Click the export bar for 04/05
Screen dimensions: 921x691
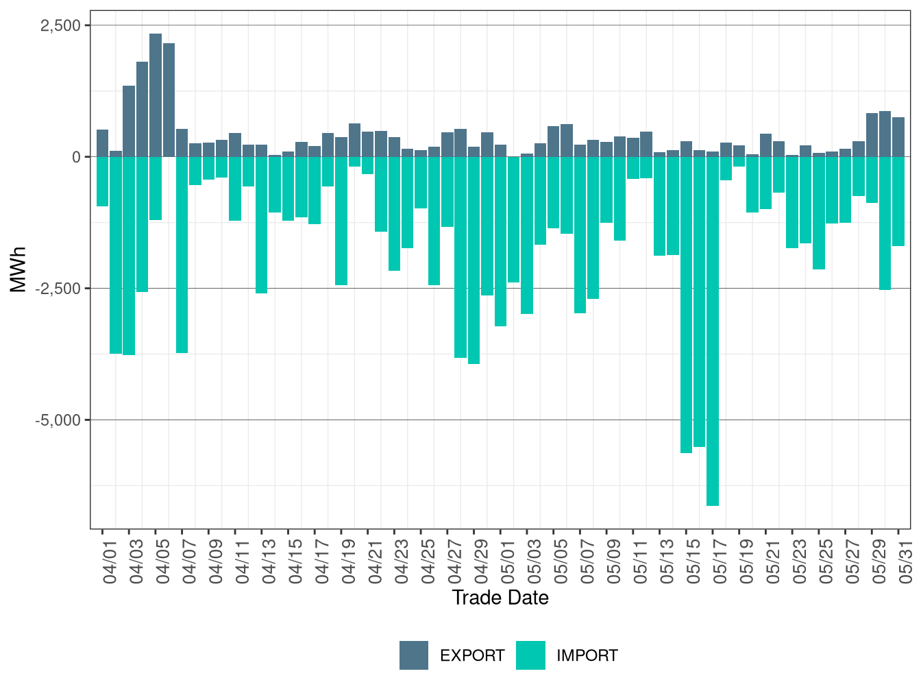tap(156, 95)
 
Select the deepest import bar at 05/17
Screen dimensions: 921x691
tap(712, 331)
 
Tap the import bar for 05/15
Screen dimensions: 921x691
tap(685, 305)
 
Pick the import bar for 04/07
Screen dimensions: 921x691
tap(182, 254)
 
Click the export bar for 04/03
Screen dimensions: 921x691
tap(129, 121)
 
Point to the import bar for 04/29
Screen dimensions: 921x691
tap(474, 260)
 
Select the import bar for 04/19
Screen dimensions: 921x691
tap(341, 221)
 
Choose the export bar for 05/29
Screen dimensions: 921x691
tap(872, 135)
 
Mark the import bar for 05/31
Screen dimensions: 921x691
tap(898, 202)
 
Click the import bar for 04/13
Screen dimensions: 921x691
tap(261, 225)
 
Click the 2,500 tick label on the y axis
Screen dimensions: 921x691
tap(60, 25)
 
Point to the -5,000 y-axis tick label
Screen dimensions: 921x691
tap(58, 420)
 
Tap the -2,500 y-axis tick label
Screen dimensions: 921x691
tap(58, 289)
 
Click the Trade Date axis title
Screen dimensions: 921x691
tap(500, 598)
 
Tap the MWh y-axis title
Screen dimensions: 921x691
tap(18, 269)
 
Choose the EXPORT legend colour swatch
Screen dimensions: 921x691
tap(414, 655)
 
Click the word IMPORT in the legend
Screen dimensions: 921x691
tap(587, 655)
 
